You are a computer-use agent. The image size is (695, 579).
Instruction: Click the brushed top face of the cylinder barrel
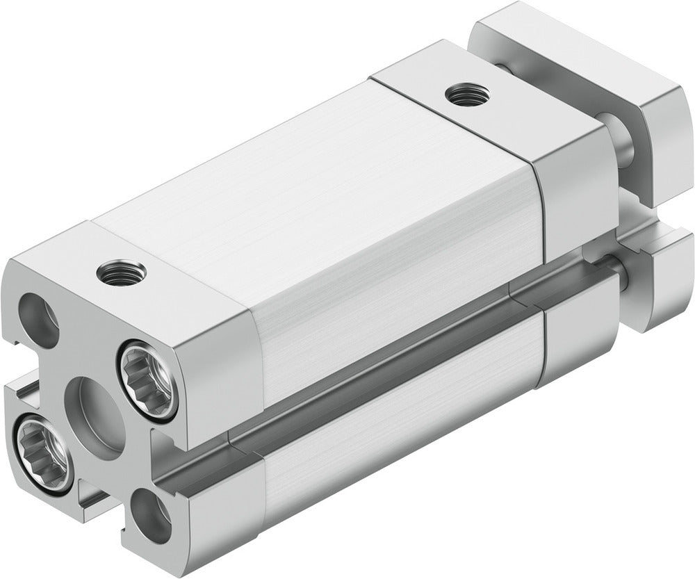point(292,174)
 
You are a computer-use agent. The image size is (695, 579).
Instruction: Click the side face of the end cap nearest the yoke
point(573,198)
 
